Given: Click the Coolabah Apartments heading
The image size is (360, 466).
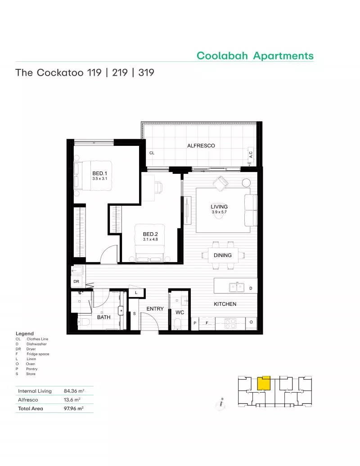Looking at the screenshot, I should coord(255,56).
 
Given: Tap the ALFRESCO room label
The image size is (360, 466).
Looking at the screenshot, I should coord(201,145).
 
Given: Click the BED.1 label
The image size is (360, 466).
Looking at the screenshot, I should coord(99,173).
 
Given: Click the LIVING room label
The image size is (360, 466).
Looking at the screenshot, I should coord(219,207).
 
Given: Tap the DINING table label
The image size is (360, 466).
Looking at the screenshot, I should coord(223,255).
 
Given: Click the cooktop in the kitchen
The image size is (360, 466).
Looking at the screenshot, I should coord(230,322).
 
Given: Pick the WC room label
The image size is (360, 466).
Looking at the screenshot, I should coord(180,312).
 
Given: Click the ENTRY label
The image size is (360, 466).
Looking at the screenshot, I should coord(155,309).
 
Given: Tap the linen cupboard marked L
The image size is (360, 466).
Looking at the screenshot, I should coord(135,293).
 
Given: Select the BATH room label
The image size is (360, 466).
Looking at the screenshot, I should coord(103,317).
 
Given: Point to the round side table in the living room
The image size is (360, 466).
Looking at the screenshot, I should coord(246,183).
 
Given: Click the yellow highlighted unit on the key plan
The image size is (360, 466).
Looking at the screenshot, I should coord(264,383).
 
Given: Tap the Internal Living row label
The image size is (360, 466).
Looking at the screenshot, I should coord(35,391).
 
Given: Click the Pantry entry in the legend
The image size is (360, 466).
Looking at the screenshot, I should coord(31,369).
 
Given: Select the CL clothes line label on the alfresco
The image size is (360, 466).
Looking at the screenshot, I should coord(152,153).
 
